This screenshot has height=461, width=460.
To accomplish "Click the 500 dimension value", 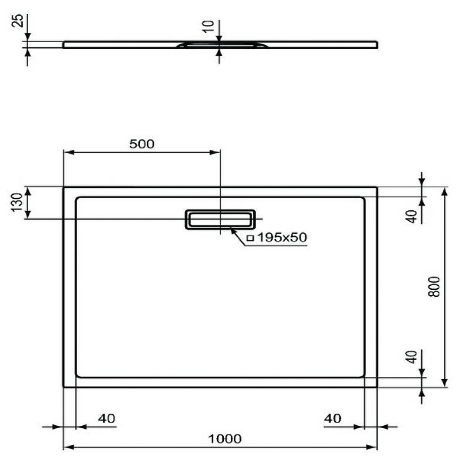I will pyautogui.click(x=142, y=144).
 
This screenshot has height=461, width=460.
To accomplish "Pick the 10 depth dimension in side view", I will pyautogui.click(x=208, y=25).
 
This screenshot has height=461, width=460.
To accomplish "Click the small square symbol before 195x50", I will pyautogui.click(x=250, y=238).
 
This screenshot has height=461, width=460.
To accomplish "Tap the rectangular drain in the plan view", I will pyautogui.click(x=219, y=219).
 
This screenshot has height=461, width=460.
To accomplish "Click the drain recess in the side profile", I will pyautogui.click(x=219, y=45).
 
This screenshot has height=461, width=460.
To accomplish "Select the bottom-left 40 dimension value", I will pyautogui.click(x=105, y=418).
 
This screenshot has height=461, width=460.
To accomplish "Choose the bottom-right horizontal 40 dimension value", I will pyautogui.click(x=332, y=418).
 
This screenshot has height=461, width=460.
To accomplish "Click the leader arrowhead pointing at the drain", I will pyautogui.click(x=233, y=231).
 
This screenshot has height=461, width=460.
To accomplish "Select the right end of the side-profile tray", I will pyautogui.click(x=377, y=44).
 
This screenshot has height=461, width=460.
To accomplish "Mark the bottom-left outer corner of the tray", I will pyautogui.click(x=63, y=387).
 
